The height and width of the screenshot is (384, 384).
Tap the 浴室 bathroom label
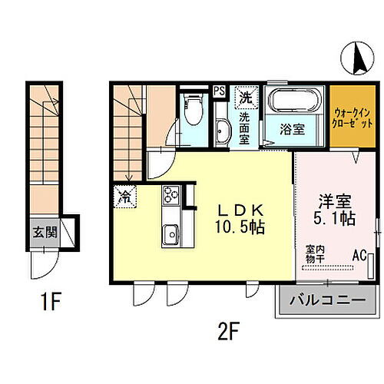[x=292, y=129]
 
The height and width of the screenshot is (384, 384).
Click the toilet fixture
[x=192, y=107]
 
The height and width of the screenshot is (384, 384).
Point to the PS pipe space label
[x=219, y=90]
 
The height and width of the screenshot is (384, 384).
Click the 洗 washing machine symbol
[x=245, y=98]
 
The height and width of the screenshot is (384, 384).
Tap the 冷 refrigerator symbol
[x=124, y=197]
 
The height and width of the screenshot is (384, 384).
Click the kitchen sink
[x=169, y=233]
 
